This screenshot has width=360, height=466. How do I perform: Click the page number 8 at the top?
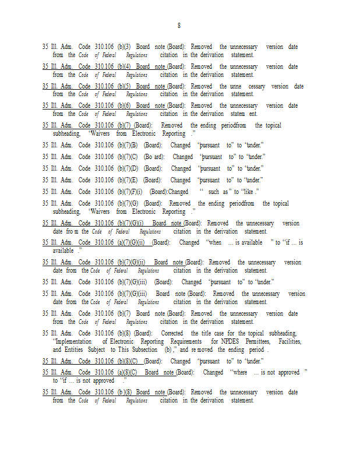pyautogui.click(x=179, y=26)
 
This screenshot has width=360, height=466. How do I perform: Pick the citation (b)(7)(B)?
pyautogui.click(x=127, y=145)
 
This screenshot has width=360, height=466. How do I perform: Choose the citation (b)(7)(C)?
pyautogui.click(x=127, y=157)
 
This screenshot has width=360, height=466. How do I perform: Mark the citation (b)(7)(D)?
pyautogui.click(x=127, y=168)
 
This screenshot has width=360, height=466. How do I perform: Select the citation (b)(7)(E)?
pyautogui.click(x=127, y=180)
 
